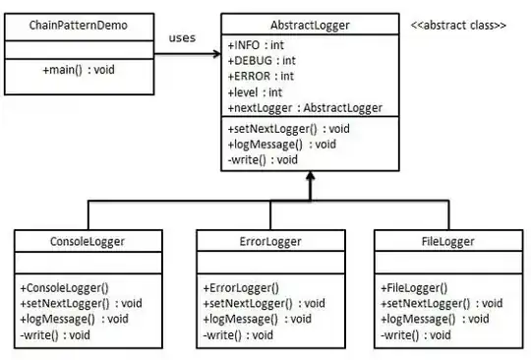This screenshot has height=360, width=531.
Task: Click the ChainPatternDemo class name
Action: pos(78,23)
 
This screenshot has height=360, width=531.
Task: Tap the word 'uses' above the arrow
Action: pos(182,38)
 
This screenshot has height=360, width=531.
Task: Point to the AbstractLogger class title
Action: pos(309,23)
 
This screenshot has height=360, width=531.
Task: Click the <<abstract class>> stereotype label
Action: pos(458,23)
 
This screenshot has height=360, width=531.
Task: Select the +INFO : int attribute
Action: pos(257,45)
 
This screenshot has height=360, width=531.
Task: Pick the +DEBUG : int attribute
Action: pos(262,60)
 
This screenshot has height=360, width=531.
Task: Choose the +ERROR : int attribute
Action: pos(261,76)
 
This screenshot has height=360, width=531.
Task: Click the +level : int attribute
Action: pos(255,91)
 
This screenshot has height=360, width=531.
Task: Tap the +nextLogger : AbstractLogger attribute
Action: pos(304,107)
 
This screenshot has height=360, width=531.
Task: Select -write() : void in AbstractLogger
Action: pos(264,157)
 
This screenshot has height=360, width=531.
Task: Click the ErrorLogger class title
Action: pos(269,239)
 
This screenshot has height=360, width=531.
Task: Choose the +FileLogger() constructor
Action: pos(414,288)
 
